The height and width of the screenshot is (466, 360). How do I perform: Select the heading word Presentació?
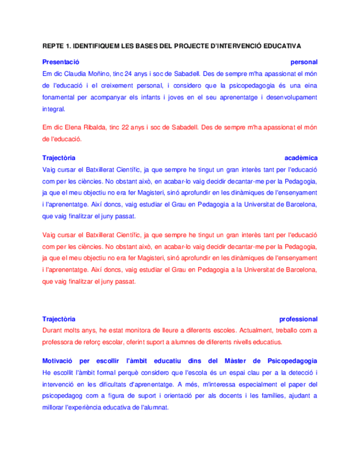click(x=62, y=62)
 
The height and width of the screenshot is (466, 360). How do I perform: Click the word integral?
click(x=53, y=109)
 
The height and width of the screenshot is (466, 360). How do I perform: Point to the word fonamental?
click(x=59, y=97)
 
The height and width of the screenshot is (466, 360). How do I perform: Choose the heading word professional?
click(x=298, y=319)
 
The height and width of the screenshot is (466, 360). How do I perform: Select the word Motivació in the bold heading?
click(x=59, y=360)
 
